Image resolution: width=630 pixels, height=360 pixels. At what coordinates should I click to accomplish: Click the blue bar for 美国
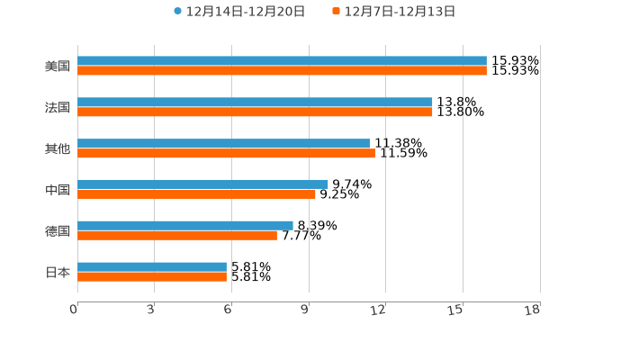(x=282, y=61)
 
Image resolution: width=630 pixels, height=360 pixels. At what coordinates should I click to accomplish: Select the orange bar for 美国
(x=282, y=71)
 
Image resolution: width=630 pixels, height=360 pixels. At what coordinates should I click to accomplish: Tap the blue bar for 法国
(x=255, y=103)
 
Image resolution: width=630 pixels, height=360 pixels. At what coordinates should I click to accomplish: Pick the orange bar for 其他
(x=226, y=154)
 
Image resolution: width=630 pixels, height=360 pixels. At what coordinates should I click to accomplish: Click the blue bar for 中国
(x=202, y=184)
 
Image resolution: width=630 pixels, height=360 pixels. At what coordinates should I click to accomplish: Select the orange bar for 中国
(x=196, y=194)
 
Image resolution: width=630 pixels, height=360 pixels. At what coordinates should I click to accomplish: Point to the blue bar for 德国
(x=185, y=225)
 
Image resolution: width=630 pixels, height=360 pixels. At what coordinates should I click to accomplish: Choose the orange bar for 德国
(x=177, y=236)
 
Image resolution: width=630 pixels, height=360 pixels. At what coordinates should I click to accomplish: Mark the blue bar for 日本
(x=152, y=266)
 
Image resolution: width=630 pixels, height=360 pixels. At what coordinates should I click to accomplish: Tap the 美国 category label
(x=58, y=67)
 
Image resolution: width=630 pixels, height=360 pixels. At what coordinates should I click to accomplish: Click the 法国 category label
(x=58, y=108)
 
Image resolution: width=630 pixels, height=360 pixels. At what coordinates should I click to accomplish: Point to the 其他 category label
(x=58, y=149)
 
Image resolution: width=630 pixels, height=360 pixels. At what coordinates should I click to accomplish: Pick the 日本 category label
(x=58, y=272)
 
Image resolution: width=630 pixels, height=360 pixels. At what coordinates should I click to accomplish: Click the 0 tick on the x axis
(x=74, y=310)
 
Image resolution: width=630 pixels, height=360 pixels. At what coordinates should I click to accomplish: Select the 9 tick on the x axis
(x=305, y=310)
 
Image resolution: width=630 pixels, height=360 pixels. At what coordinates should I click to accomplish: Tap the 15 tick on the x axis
(x=456, y=310)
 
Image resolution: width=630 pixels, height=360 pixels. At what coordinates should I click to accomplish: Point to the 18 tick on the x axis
(x=533, y=310)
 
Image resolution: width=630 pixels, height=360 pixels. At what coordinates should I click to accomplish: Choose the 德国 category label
(x=58, y=231)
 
